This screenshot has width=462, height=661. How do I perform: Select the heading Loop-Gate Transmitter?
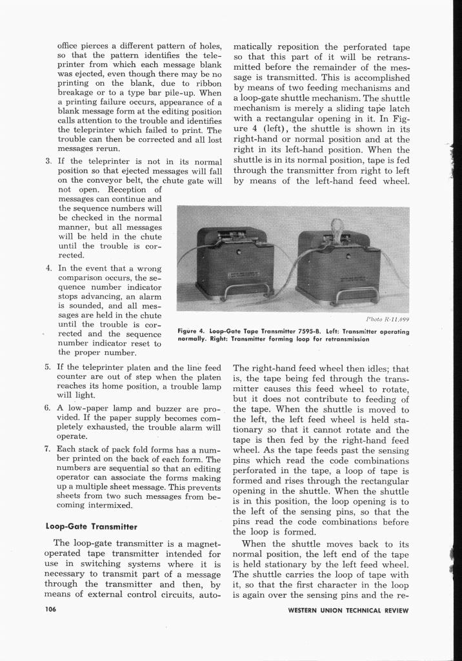click(91, 525)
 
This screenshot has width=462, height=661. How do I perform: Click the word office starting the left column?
click(70, 46)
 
